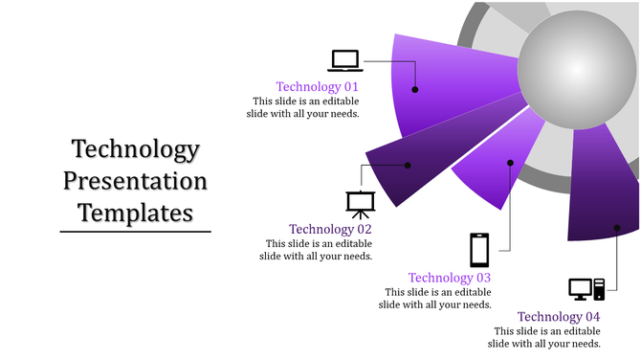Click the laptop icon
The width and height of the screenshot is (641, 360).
tap(345, 60)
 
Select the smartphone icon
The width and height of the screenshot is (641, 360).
tap(479, 250)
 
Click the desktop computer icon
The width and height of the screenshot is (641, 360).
tap(586, 288)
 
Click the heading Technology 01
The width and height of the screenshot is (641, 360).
tap(317, 86)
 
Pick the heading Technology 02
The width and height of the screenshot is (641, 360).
tap(330, 229)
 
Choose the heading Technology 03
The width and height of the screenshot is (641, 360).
tap(450, 278)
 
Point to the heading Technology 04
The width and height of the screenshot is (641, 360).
tap(559, 317)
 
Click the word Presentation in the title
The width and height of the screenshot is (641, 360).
tap(136, 181)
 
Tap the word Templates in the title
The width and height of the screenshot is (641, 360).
tap(136, 212)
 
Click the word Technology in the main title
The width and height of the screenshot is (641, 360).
tap(136, 150)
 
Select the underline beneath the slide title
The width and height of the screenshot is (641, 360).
tap(136, 231)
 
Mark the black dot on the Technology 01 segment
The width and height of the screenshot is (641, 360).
tap(415, 89)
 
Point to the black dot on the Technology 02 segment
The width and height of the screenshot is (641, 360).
tap(408, 165)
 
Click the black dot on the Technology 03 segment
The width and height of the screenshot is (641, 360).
tap(511, 163)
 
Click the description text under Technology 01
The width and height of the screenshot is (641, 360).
tap(306, 107)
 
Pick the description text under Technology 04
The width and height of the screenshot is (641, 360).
tap(544, 337)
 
